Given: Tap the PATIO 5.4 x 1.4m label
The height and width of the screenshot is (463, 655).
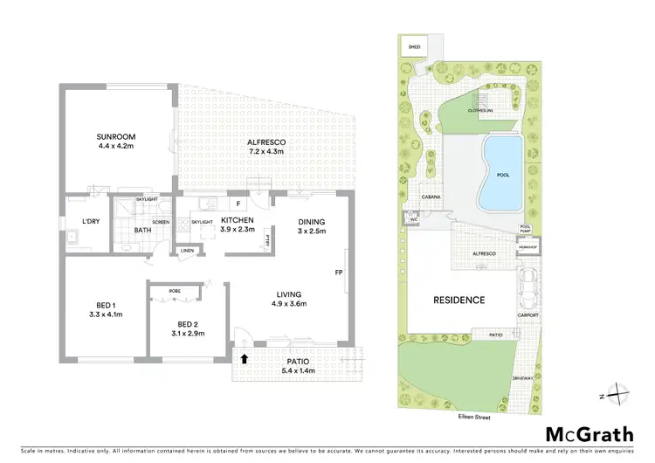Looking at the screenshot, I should coord(300,363).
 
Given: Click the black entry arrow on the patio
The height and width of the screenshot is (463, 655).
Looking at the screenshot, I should coord(245,357).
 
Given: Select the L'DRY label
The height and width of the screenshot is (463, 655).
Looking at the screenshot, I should coord(92,221).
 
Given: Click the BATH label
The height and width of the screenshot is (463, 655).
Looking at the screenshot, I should coord(142,231).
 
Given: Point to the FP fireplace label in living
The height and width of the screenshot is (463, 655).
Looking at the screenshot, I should coord(338,272).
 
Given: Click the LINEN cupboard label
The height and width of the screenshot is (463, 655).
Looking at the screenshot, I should coord(188,252).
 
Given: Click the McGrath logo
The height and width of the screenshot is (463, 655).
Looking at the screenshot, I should coord(584,434).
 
